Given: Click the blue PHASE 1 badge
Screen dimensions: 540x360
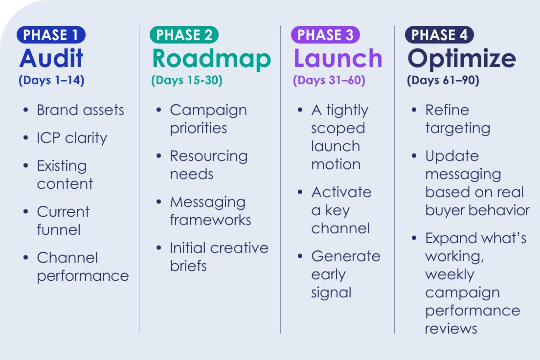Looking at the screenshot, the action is [x=51, y=35].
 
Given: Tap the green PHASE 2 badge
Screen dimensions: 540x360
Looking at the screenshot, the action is [x=184, y=35].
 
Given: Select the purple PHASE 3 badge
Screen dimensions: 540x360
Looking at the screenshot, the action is [x=325, y=35].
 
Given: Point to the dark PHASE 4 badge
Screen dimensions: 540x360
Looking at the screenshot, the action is [x=439, y=35].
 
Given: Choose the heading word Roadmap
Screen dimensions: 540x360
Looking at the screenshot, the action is [x=211, y=59].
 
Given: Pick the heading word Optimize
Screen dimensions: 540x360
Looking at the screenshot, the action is [x=462, y=59].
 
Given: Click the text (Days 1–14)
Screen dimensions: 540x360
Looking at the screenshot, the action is [x=52, y=80].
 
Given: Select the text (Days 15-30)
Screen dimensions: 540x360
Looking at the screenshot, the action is [x=187, y=80].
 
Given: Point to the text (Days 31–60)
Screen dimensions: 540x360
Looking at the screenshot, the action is [x=329, y=80].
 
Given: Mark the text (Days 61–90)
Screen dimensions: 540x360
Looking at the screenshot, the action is [x=443, y=80].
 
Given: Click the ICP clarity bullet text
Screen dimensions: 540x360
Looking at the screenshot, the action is [x=72, y=138].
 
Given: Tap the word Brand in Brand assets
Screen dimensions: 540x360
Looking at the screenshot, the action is [x=58, y=110].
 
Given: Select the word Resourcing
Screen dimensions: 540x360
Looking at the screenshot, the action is [x=209, y=157].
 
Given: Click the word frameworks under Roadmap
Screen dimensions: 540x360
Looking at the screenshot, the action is [x=210, y=220].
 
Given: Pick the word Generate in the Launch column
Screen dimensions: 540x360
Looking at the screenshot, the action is [x=346, y=256].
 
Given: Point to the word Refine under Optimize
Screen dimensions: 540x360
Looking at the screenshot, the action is [x=447, y=110].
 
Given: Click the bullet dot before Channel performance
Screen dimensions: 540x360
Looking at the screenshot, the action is [x=26, y=258].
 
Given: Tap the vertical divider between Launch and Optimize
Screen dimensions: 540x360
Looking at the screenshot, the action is [x=394, y=179].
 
